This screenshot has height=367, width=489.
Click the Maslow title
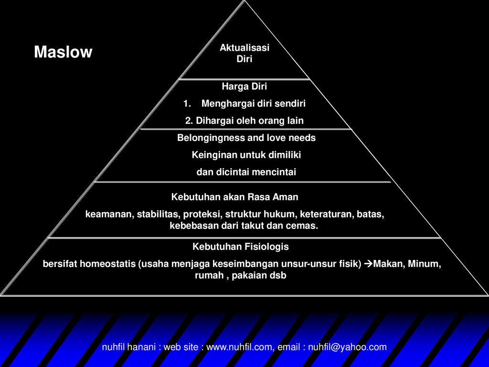tap(63, 52)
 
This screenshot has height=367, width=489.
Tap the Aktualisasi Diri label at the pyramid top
tap(244, 53)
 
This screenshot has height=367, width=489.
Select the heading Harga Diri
tap(244, 86)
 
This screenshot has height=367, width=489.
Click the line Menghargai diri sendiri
tap(253, 103)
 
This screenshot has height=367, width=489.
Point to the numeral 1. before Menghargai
tap(187, 103)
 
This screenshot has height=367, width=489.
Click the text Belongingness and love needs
tap(246, 138)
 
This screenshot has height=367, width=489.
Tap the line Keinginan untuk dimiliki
tap(246, 155)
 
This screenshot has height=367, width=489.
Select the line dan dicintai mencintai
tap(246, 172)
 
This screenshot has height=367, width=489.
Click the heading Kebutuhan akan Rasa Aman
tap(235, 197)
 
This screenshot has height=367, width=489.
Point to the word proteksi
tap(202, 215)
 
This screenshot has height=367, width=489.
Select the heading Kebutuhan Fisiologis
tap(241, 247)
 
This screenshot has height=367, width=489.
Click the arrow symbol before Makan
tap(368, 264)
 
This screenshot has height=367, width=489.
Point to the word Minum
tap(425, 264)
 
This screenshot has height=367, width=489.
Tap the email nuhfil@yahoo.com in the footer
tap(347, 347)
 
